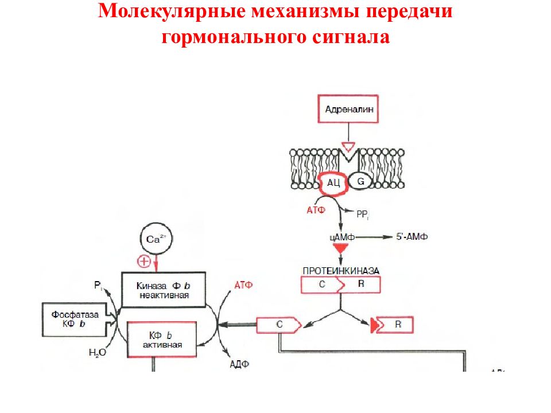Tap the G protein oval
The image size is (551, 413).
360,181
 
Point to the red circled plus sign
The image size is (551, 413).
143,262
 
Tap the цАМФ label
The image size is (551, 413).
342,237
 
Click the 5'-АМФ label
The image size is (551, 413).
412,237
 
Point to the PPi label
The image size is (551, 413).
363,214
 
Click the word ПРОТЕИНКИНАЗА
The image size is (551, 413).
341,271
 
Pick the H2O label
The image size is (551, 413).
98,352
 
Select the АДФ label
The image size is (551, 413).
239,364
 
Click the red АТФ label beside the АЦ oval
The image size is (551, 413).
316,210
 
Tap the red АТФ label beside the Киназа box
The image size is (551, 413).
243,285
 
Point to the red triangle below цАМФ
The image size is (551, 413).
340,248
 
